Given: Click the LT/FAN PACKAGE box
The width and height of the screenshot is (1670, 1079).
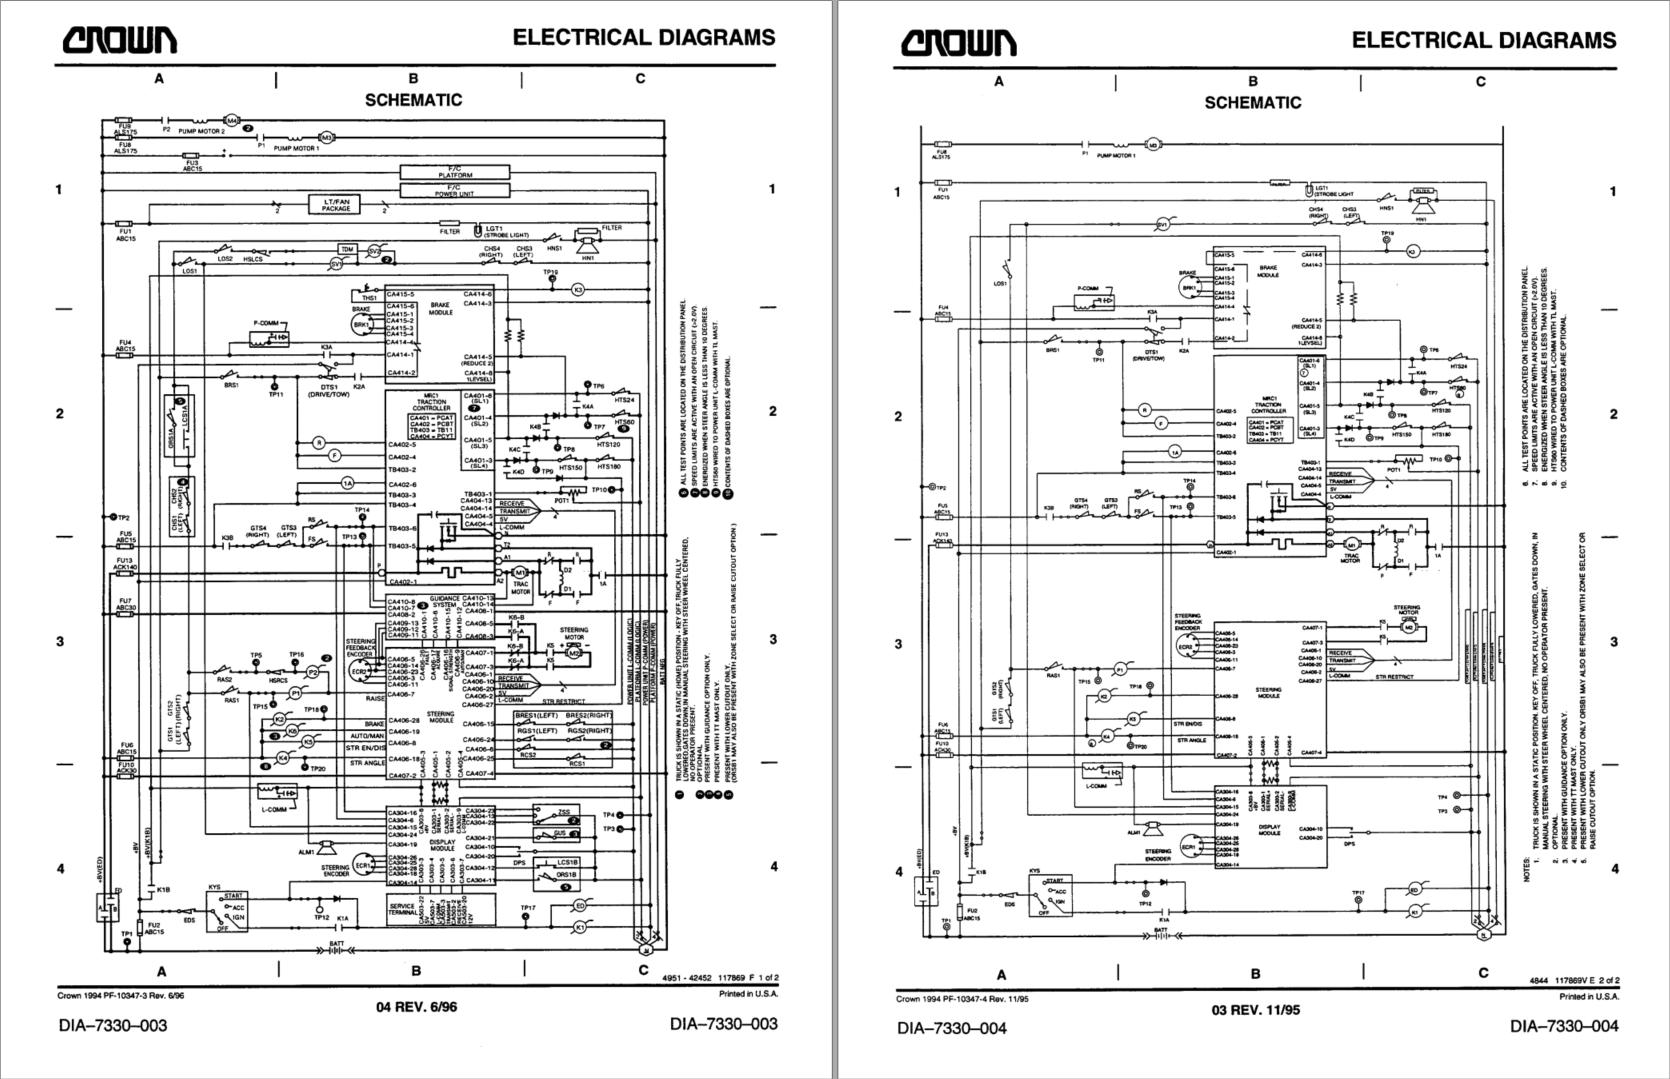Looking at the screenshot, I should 336,205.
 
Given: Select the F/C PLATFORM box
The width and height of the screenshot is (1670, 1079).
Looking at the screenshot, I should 454,173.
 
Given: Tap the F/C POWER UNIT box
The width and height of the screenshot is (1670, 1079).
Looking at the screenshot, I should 454,190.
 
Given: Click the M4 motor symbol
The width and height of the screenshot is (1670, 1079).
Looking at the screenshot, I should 233,120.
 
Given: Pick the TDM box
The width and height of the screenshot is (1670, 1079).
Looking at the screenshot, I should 347,249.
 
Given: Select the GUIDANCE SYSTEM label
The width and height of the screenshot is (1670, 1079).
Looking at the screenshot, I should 444,601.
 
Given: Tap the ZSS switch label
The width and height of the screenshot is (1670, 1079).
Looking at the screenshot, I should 563,811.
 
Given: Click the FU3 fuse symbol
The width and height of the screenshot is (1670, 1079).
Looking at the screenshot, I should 192,157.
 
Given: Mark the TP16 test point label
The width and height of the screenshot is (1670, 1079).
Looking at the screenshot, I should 296,655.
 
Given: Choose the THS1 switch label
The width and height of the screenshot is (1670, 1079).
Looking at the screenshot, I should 369,297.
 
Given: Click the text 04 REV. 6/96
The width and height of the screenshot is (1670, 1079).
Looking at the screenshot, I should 416,1007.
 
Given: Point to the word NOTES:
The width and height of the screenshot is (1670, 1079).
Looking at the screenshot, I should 1527,870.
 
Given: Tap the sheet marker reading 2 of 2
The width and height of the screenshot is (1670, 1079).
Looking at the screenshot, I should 1605,981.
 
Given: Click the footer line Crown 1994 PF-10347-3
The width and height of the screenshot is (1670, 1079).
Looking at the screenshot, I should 120,995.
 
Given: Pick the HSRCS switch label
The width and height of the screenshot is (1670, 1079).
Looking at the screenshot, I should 278,681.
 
